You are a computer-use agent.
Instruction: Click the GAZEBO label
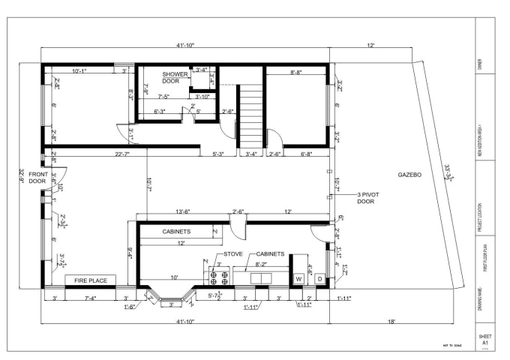409,174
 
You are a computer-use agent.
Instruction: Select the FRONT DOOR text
37,178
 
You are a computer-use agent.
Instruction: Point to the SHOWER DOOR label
175,78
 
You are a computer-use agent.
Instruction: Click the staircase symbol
250,117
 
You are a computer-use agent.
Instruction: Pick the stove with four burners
218,277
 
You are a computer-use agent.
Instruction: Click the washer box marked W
298,279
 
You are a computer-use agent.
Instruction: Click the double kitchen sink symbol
261,277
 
